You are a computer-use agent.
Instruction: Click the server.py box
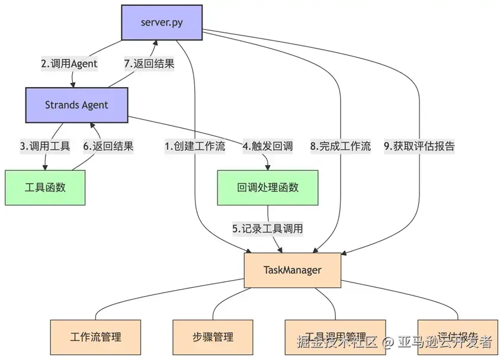162,22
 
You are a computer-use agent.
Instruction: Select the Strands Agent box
76,105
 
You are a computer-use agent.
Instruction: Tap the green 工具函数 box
45,188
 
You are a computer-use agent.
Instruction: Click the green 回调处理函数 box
268,188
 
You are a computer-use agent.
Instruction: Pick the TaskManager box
292,270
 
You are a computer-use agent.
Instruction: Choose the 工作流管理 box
95,337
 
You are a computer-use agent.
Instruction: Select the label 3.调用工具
45,146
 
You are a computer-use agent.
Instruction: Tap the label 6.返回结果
109,146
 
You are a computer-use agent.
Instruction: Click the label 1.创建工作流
195,146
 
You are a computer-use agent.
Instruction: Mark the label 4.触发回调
268,146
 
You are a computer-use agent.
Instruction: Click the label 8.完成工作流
341,146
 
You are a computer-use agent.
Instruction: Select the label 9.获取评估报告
419,146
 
